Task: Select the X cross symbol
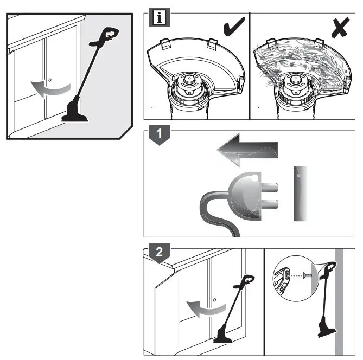click(339, 25)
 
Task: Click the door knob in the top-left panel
click(50, 80)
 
